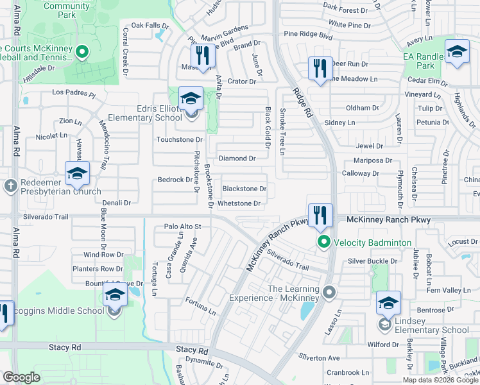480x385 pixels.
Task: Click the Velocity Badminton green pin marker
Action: (324, 243)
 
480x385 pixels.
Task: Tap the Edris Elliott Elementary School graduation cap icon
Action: (191, 99)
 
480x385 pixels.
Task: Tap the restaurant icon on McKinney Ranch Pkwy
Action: (320, 215)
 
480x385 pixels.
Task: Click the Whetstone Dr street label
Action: (239, 204)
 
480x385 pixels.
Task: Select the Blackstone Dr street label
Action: (244, 189)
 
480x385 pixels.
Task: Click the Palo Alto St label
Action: (183, 227)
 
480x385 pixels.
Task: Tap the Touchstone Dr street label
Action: (180, 139)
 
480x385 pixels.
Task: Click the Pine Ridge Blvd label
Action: (308, 34)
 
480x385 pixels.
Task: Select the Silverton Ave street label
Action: (319, 357)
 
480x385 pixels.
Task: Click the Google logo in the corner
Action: (21, 377)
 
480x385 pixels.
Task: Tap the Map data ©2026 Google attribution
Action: (440, 380)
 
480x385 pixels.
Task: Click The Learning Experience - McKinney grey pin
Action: (329, 293)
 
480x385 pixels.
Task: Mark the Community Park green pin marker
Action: (81, 52)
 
